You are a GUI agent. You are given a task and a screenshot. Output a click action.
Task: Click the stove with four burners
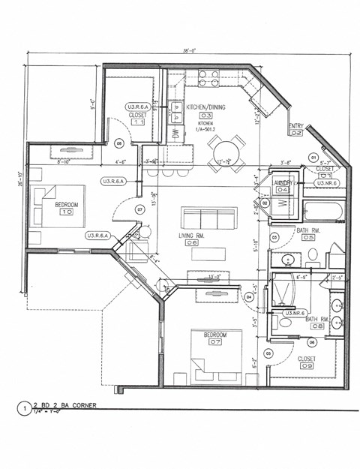tap(208, 79)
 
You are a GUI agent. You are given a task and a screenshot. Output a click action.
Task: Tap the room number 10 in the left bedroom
tap(66, 212)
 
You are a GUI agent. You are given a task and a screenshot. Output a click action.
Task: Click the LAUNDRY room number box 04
tap(283, 190)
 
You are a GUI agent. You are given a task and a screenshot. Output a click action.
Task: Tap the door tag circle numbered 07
tap(139, 209)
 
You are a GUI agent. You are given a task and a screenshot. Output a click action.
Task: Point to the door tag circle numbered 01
tap(313, 157)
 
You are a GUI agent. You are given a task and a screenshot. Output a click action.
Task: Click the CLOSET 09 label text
tap(307, 359)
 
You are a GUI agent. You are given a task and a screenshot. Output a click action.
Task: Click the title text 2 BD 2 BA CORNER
tap(67, 406)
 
